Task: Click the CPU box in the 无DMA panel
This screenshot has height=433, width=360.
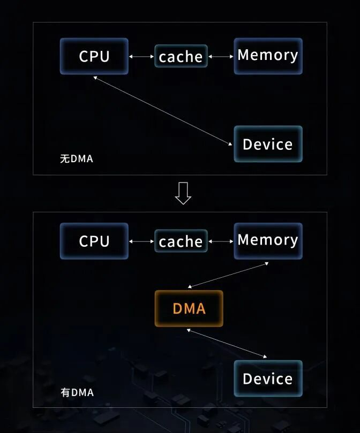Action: click(94, 56)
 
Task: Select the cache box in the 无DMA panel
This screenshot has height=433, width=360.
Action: click(181, 56)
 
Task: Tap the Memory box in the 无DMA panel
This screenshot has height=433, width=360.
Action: click(268, 56)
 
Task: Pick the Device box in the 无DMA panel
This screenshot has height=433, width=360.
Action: click(268, 144)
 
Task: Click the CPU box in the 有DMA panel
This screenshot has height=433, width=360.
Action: click(94, 241)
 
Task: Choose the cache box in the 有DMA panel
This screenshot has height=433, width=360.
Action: click(181, 241)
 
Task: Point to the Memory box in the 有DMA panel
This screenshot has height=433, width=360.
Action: click(268, 240)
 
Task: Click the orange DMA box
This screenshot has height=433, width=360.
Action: click(189, 308)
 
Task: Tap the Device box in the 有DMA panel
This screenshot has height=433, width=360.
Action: click(268, 378)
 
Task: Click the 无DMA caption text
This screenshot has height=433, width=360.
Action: click(76, 158)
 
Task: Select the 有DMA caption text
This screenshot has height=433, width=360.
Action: click(77, 392)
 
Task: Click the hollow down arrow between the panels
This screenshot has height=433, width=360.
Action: click(183, 193)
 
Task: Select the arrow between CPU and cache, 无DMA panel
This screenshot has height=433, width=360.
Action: click(142, 56)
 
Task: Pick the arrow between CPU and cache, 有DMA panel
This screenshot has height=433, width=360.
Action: click(142, 241)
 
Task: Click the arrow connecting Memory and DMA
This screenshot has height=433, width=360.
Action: click(229, 275)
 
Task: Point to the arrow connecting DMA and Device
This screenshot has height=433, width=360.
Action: click(227, 343)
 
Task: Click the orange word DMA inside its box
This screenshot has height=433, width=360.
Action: click(189, 308)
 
